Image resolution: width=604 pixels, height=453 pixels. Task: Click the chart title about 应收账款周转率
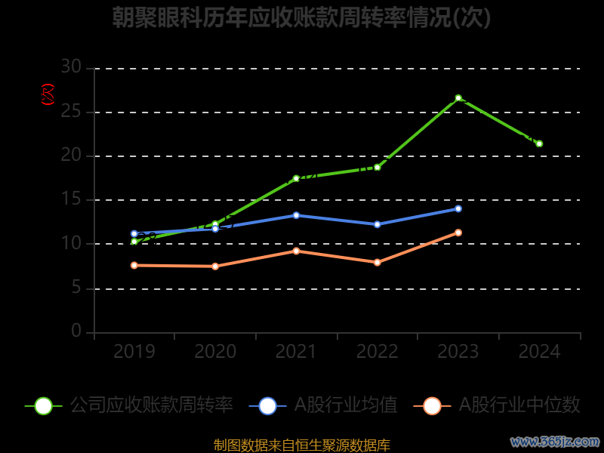[301, 17]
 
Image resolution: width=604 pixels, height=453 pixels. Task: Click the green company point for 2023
[458, 98]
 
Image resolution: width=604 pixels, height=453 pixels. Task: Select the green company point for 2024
[539, 143]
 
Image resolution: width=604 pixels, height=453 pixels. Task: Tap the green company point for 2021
[296, 178]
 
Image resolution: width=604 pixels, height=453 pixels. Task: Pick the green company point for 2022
[377, 167]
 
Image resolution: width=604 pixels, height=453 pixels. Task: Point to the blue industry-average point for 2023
[458, 208]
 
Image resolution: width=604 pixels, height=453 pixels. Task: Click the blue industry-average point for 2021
[296, 215]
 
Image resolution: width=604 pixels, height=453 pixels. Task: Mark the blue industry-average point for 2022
[377, 224]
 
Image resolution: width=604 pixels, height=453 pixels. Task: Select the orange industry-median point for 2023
[458, 233]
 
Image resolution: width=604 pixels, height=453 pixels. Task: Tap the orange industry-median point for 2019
[134, 265]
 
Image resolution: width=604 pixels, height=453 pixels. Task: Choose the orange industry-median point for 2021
[296, 251]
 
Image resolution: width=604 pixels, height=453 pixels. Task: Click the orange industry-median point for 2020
[215, 266]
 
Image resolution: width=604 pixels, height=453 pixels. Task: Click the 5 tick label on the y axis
[76, 288]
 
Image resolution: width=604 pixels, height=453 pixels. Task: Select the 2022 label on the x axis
[377, 352]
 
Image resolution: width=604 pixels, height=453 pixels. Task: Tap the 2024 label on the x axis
[539, 352]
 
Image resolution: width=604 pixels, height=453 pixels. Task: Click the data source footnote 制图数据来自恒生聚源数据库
[301, 445]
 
